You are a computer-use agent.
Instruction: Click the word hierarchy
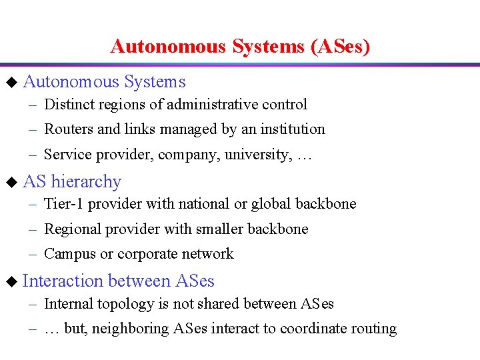coord(86,182)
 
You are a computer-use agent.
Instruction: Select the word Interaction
coord(63,281)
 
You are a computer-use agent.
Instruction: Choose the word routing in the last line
coord(375,329)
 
